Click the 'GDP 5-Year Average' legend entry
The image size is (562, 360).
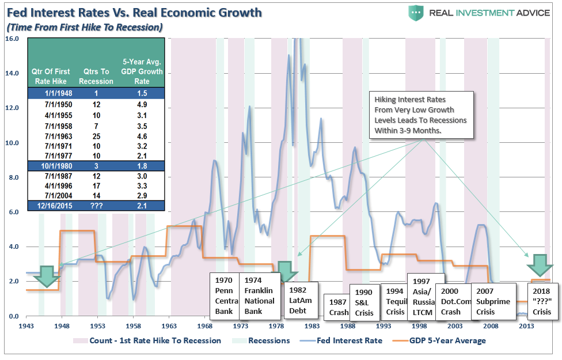[448, 340]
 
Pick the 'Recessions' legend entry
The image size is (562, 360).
[268, 340]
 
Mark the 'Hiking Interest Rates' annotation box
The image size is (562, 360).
[421, 114]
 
